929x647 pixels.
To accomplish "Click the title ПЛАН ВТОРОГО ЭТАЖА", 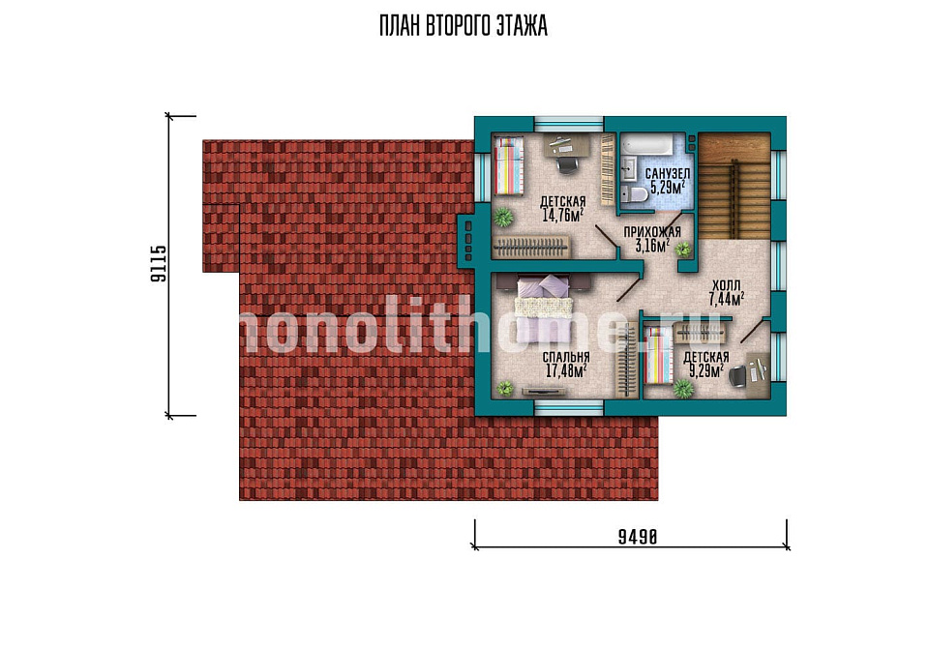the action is [x=464, y=26].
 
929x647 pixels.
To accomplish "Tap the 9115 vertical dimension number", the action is [x=159, y=264].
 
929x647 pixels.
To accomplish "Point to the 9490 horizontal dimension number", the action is [x=638, y=537].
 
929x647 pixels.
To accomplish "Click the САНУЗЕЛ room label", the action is [x=667, y=174].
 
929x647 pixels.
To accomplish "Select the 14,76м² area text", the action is [x=563, y=215].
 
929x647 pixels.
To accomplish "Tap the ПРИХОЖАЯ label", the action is [x=652, y=232].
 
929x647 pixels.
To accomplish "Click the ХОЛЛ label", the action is [x=727, y=285].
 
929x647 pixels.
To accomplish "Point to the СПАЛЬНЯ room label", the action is [x=566, y=358].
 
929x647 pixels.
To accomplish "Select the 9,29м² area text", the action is [x=706, y=371].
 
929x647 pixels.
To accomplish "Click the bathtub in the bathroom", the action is [x=649, y=144].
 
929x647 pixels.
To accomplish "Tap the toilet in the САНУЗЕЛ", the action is [x=633, y=193].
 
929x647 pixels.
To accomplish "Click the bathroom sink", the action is [x=627, y=168].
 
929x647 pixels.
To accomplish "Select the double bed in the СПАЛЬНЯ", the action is [x=545, y=309].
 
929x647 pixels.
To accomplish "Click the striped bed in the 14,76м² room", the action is [x=509, y=165].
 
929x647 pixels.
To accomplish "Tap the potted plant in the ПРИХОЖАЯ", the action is [x=683, y=250].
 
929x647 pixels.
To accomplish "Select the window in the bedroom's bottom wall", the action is [x=569, y=406].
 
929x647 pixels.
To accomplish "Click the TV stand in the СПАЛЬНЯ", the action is [x=543, y=391].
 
